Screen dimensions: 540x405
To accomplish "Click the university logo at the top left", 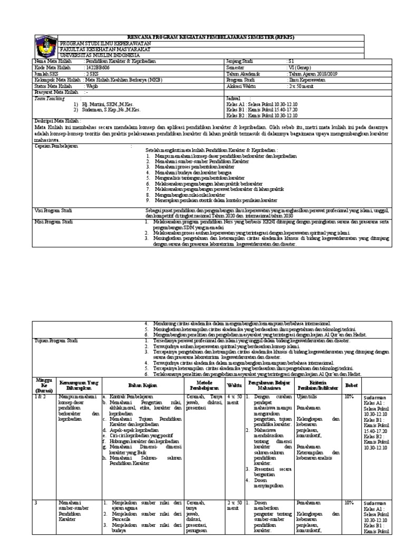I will pyautogui.click(x=46, y=46).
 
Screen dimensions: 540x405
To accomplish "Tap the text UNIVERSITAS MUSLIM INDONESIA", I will pyautogui.click(x=100, y=55).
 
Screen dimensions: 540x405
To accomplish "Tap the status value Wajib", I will pyautogui.click(x=92, y=85).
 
